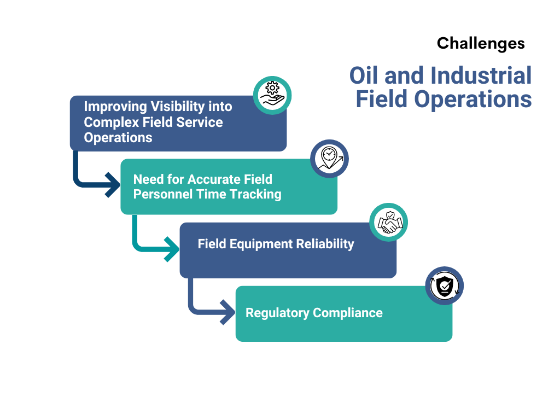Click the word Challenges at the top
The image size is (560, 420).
click(x=481, y=43)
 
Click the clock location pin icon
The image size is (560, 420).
click(x=329, y=159)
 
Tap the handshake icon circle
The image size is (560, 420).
click(x=389, y=222)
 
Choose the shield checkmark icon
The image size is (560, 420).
click(x=445, y=285)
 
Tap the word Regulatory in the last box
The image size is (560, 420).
click(x=277, y=313)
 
